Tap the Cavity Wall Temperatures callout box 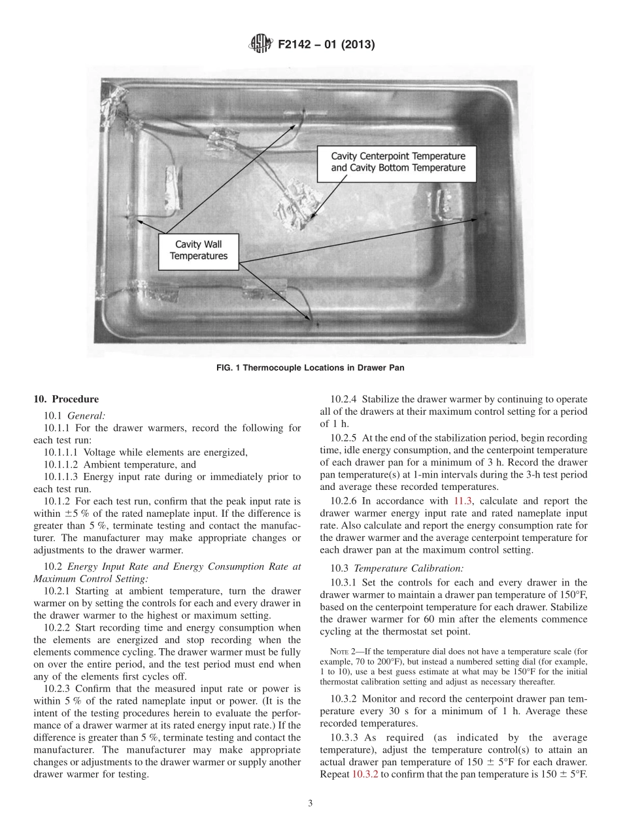[198, 250]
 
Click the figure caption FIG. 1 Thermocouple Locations [310, 368]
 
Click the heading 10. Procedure [66, 400]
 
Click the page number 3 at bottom [310, 804]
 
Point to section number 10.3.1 [344, 582]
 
